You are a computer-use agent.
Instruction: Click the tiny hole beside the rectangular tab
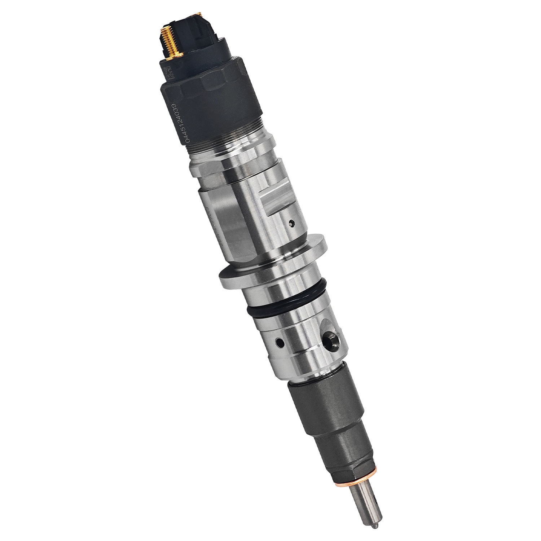tap(291, 224)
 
